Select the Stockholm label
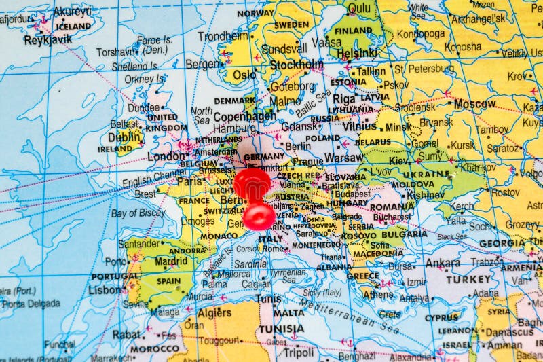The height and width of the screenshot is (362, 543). [297, 65]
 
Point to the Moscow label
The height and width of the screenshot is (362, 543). [474, 104]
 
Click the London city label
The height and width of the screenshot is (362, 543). [166, 156]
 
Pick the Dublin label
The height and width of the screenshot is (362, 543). [125, 135]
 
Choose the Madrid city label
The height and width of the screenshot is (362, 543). [170, 261]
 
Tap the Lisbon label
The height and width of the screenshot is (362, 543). [105, 289]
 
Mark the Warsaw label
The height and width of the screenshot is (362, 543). [343, 158]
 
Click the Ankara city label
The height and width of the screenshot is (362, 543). [443, 263]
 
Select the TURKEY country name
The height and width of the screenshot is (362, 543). [468, 279]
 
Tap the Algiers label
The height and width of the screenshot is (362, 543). [214, 313]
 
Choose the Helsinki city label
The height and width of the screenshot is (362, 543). [357, 52]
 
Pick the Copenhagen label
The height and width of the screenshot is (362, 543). [244, 116]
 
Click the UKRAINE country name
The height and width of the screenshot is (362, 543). [426, 173]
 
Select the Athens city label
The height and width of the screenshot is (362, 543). [377, 295]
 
